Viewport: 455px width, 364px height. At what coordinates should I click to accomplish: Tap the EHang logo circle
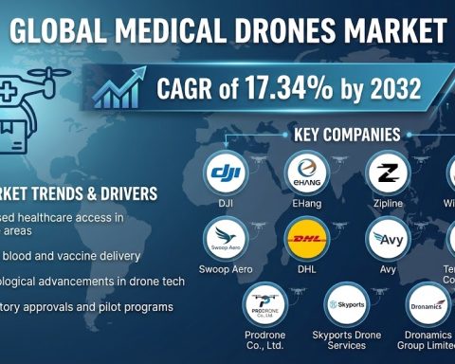point(307,173)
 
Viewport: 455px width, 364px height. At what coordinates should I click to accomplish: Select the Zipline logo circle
point(387,173)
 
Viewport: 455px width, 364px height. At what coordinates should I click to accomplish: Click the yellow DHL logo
point(307,239)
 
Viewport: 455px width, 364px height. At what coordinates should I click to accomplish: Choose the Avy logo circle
point(387,239)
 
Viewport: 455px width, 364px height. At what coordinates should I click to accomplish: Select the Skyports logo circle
point(345,305)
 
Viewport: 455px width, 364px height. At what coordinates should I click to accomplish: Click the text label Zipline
point(387,204)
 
